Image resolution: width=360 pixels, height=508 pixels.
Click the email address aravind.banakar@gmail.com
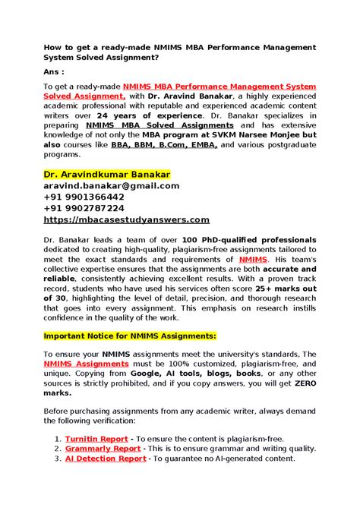[111, 185]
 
